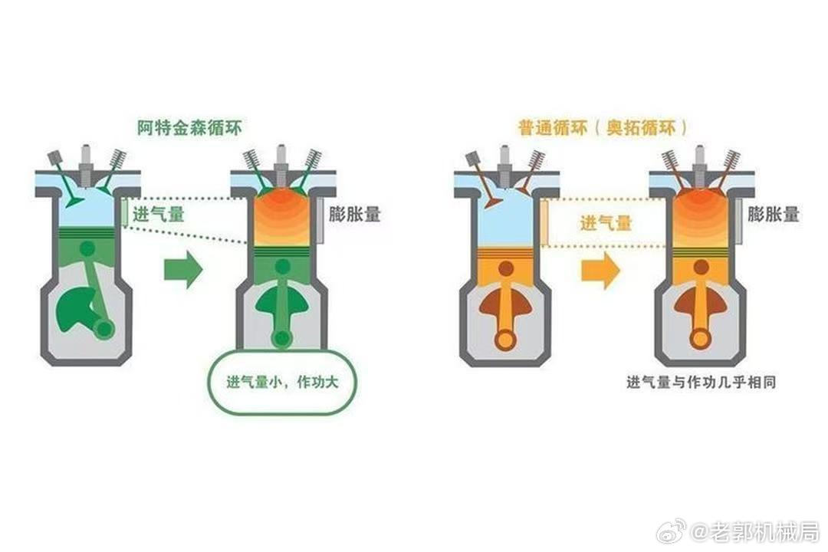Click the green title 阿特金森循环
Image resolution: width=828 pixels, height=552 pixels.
pos(189,128)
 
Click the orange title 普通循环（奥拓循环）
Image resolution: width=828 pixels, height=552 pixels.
pos(603,128)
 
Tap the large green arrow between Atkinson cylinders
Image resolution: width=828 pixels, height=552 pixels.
pos(183,269)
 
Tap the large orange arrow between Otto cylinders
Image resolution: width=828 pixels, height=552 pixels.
pos(600,270)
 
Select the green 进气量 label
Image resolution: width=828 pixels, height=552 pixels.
pos(159,215)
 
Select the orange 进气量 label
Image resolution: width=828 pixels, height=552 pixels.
pos(606,223)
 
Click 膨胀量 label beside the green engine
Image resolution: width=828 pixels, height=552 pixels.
pos(354,215)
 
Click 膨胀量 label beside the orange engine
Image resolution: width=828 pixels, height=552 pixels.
pos(773,215)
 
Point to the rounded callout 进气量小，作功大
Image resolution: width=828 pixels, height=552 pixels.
pos(282,382)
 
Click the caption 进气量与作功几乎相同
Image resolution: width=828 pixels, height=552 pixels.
pos(701,382)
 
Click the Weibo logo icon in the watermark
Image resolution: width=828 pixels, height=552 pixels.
pos(671,531)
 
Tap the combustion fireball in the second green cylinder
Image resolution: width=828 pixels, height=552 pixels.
pos(280,215)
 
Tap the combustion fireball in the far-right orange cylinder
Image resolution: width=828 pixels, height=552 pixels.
pos(700,215)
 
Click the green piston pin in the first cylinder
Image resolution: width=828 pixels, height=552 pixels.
pos(87,248)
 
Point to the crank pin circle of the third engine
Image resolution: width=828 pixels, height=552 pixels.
pos(505,337)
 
